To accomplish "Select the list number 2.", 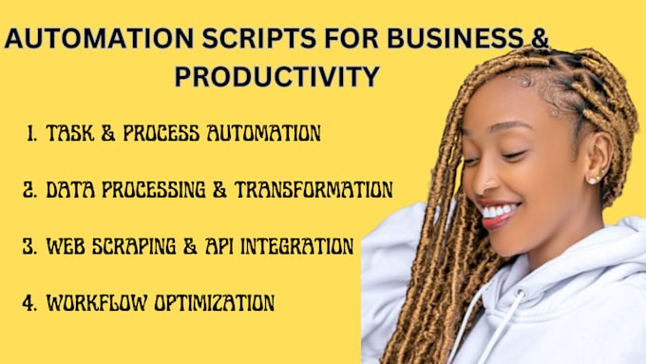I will (x=28, y=190).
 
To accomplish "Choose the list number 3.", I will (x=28, y=247).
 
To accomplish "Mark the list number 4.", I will (x=28, y=304).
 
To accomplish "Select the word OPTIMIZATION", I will (x=215, y=304).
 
